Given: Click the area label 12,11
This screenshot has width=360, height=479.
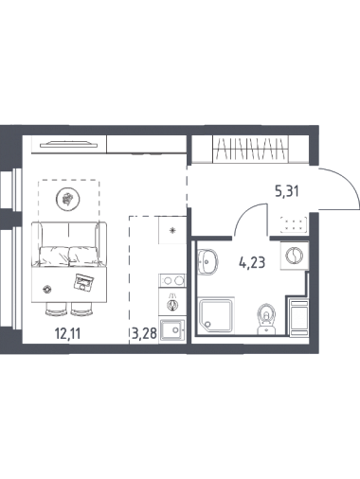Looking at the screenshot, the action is (67, 333).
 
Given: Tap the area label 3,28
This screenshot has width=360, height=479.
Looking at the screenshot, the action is (144, 333).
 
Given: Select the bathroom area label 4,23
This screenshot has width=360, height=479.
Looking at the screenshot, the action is (252, 262).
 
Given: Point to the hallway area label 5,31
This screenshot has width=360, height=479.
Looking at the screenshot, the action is (287, 191).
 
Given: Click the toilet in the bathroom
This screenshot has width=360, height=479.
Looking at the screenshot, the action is (267, 319).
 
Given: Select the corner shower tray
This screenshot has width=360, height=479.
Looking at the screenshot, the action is (216, 315).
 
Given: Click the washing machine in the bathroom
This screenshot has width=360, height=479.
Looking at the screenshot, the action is (295, 255).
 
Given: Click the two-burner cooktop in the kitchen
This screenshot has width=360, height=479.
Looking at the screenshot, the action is (172, 280).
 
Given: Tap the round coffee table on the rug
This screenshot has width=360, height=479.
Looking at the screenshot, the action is (67, 199).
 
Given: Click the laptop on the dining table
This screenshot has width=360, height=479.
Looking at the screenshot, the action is (83, 281).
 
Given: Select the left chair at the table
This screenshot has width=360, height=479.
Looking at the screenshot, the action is (56, 309).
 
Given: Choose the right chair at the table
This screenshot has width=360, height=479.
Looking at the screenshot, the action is (81, 309).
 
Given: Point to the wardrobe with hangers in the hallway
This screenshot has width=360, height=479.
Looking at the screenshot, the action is (250, 149).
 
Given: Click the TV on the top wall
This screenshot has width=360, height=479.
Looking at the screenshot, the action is (69, 144).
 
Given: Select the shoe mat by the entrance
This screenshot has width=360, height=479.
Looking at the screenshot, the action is (294, 224).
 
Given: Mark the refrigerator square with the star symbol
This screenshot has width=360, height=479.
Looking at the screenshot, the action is (172, 230).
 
